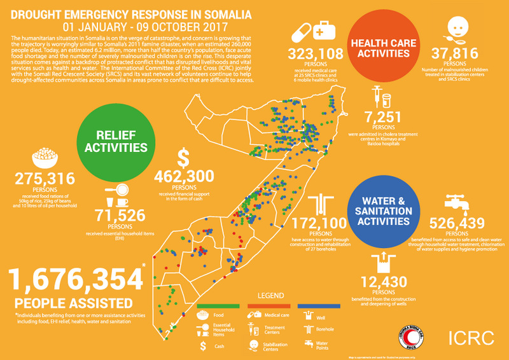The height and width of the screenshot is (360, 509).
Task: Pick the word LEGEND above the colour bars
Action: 269,296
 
